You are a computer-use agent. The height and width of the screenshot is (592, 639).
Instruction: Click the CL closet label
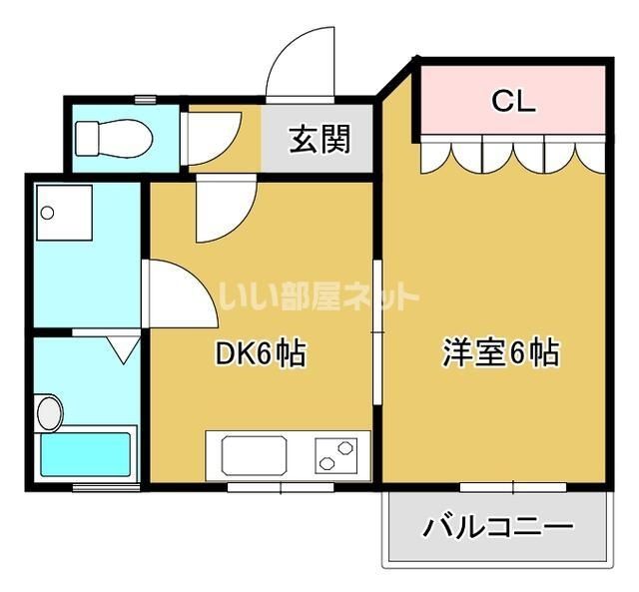(513, 101)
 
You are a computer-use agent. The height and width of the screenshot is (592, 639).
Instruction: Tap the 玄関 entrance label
(319, 139)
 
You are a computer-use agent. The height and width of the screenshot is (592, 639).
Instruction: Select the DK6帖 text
(260, 352)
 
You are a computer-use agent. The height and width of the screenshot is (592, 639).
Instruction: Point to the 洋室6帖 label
(501, 352)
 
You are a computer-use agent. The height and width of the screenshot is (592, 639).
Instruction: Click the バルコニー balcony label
(497, 526)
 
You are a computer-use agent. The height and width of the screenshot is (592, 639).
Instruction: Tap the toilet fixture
(114, 139)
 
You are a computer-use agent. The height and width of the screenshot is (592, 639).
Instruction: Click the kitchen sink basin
(254, 455)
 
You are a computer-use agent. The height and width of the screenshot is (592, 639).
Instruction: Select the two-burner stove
(336, 455)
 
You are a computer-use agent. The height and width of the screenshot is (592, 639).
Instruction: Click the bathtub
(86, 454)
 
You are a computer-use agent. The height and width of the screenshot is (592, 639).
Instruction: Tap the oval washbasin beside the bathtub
(50, 412)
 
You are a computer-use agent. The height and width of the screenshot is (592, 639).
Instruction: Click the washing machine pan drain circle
(47, 213)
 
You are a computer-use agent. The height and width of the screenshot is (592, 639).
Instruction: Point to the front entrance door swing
(301, 64)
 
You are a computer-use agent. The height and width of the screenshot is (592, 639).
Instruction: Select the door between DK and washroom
(180, 294)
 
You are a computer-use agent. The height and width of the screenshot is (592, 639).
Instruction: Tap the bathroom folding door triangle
(123, 349)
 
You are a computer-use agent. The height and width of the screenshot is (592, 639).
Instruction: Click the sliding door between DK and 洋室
(377, 332)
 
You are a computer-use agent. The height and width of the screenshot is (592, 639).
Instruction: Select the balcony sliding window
(513, 487)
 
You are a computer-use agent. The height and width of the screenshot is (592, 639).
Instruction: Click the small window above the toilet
(146, 99)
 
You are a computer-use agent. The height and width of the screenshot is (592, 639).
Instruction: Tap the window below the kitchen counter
(281, 487)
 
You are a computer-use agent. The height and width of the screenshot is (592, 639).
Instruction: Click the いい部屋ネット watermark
(319, 296)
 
